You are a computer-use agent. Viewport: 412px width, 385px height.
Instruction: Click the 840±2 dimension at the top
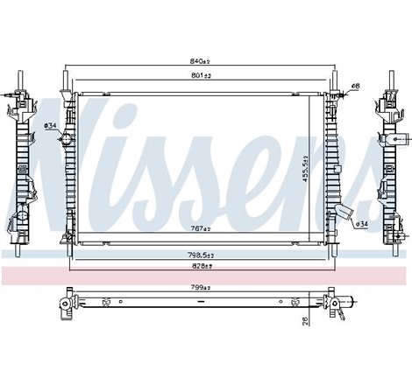pos(201,61)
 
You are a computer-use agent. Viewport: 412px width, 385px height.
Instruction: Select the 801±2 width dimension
pos(201,77)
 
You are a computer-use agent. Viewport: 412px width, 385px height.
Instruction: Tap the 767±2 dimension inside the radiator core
pos(201,228)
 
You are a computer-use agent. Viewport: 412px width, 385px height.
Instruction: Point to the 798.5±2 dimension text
pos(201,254)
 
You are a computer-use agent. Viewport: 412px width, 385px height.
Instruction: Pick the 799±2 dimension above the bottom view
pos(201,286)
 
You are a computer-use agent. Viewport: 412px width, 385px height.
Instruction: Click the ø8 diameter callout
pos(356,85)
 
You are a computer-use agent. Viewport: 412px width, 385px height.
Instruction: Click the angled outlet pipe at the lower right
pos(349,213)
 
